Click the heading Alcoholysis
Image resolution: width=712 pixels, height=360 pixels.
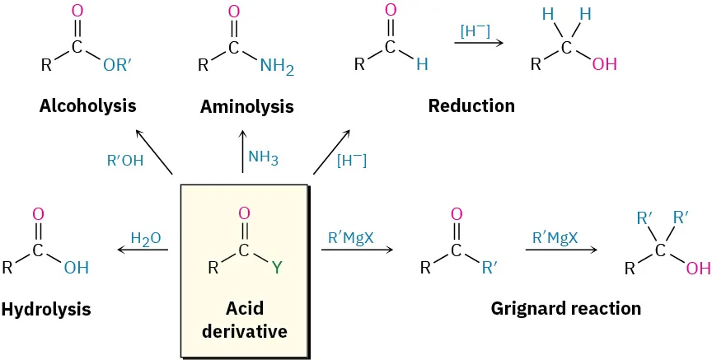click(x=87, y=106)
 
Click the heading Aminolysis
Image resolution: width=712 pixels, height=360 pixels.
click(x=246, y=107)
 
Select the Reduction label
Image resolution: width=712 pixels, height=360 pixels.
click(x=471, y=106)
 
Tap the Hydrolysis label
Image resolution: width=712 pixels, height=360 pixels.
click(x=46, y=310)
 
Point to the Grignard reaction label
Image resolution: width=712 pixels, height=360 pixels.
click(x=565, y=309)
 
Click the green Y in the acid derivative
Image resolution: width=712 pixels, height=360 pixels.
click(x=277, y=268)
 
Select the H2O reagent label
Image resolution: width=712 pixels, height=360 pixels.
click(x=146, y=238)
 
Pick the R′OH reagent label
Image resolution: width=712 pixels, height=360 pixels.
click(x=125, y=161)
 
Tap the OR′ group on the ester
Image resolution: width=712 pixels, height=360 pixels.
click(x=120, y=65)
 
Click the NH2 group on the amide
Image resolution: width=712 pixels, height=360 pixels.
click(x=276, y=66)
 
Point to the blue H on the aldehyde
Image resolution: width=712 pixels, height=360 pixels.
click(x=422, y=65)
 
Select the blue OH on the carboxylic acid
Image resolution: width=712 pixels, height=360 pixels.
click(x=77, y=268)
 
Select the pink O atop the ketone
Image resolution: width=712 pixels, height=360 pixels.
click(x=457, y=214)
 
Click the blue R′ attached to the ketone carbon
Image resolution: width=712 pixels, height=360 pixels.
click(x=489, y=268)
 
